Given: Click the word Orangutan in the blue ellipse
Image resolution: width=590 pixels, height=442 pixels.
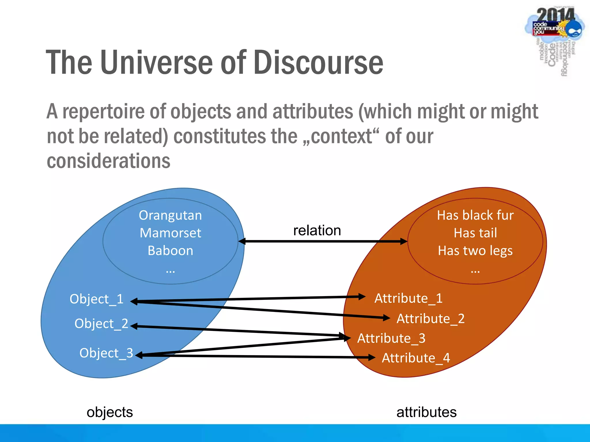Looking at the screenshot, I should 170,216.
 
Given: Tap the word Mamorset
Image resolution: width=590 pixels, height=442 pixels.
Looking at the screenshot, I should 170,233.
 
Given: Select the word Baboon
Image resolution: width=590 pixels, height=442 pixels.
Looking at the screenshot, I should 170,251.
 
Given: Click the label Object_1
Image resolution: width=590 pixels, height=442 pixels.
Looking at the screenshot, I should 97,299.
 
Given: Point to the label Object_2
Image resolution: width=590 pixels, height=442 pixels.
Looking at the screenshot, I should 101,323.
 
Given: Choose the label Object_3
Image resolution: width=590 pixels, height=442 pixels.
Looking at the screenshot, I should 106,353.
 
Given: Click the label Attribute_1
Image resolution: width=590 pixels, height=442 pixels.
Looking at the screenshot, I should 408,298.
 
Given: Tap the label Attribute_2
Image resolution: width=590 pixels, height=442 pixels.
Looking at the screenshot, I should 430,319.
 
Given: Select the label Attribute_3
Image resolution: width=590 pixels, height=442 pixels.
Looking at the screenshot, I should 391,338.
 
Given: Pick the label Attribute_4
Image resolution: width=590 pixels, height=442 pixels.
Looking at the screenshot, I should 416,358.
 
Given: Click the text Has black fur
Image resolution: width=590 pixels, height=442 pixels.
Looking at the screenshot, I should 475,216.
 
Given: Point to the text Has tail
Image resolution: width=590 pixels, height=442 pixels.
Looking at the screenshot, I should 475,233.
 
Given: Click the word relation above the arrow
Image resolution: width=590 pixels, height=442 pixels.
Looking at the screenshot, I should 317,230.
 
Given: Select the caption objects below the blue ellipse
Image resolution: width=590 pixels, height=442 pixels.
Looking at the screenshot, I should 110,412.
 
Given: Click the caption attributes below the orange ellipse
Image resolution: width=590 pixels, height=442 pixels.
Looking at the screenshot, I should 426,412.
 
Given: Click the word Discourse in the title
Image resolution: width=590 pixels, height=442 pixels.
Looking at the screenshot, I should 318,62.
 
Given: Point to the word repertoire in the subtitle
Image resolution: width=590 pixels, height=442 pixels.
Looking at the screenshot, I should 103,112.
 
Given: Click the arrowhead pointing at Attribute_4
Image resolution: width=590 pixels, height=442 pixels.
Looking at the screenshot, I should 372,357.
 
